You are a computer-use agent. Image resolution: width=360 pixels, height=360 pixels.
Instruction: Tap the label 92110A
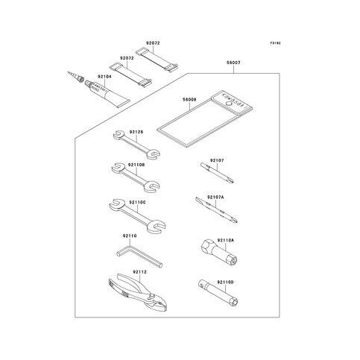point(226,240)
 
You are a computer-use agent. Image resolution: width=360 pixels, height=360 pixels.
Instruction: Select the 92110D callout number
point(225,282)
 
